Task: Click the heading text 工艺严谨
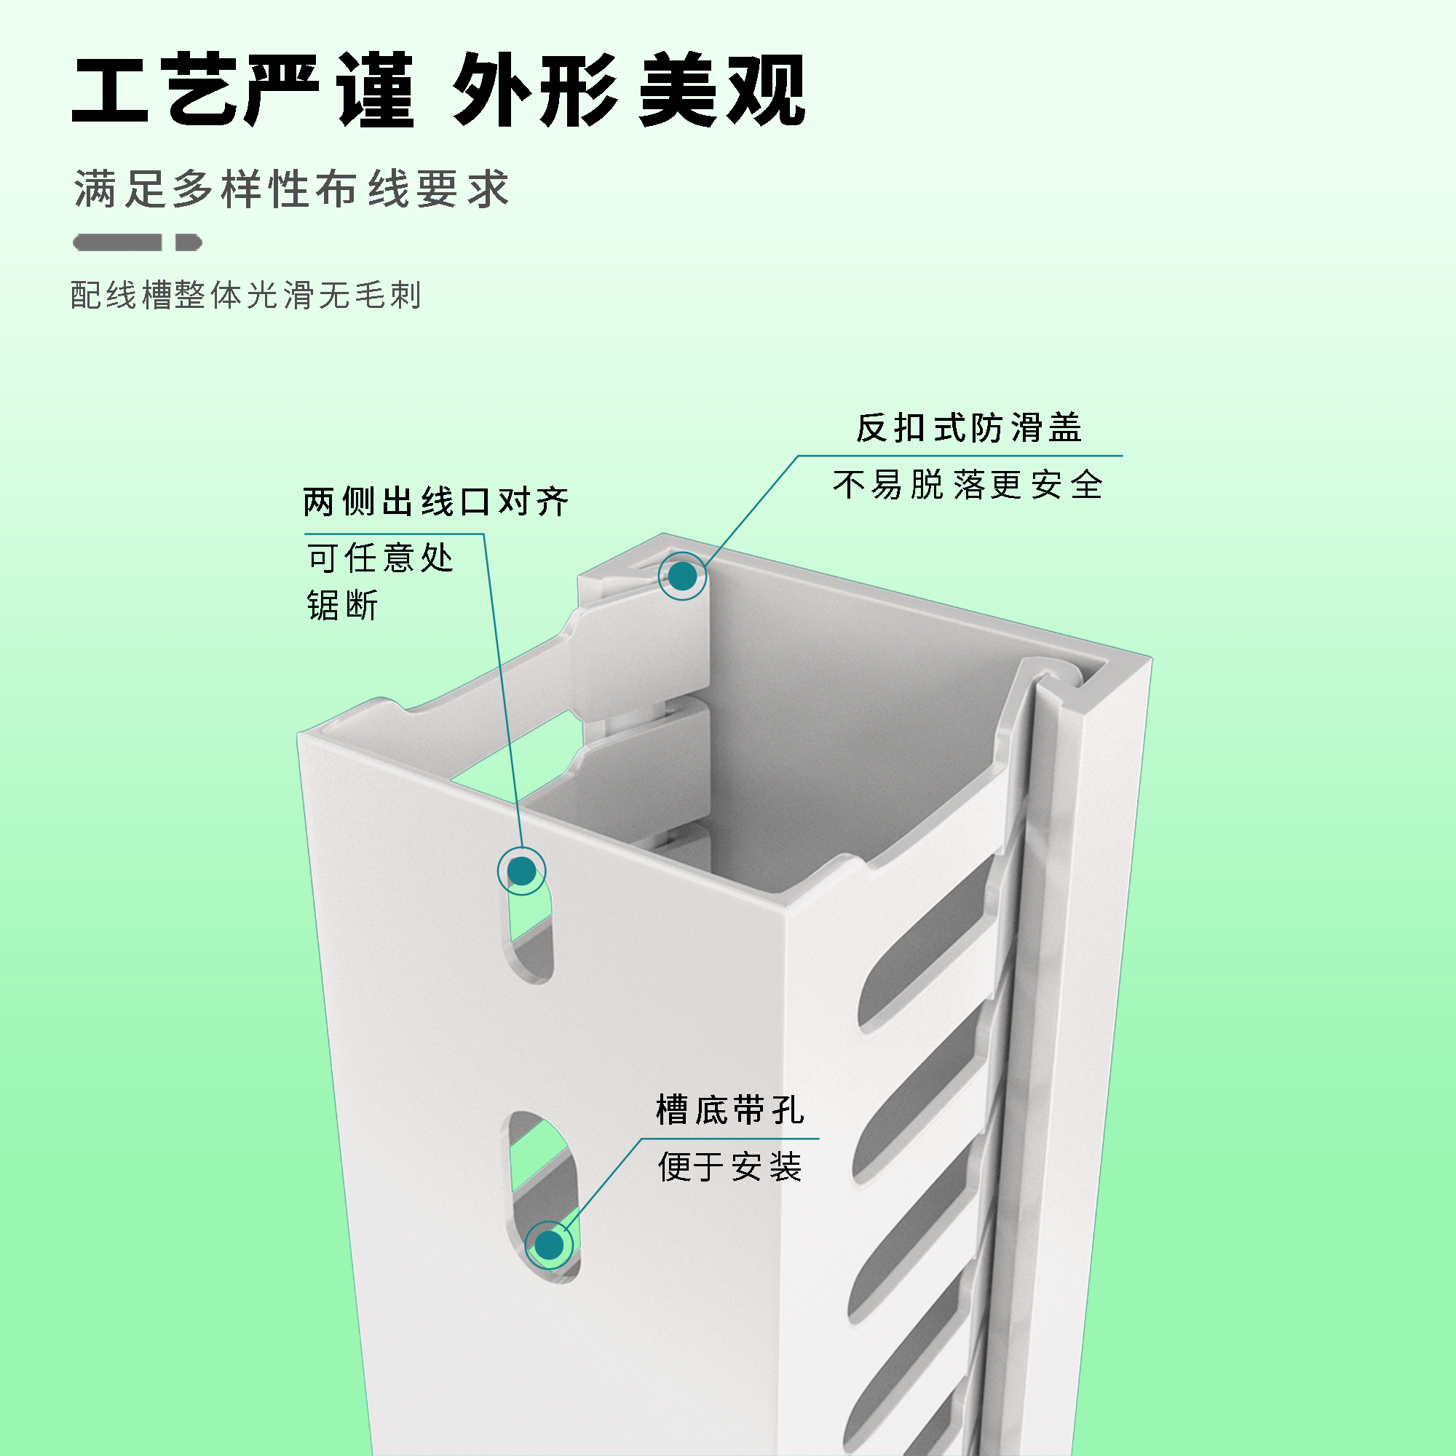point(242,90)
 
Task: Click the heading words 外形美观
point(629,90)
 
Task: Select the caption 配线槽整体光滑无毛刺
point(245,295)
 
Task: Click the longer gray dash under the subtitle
point(117,242)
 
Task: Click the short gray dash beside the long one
point(189,242)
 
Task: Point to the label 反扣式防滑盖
point(969,428)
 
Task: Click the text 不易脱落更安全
point(968,485)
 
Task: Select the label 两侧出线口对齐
point(435,502)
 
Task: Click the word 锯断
point(343,605)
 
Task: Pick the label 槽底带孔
point(729,1110)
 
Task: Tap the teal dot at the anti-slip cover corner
point(683,577)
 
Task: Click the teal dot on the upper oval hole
point(521,871)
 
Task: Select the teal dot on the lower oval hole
point(550,1245)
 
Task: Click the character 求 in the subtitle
point(488,189)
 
